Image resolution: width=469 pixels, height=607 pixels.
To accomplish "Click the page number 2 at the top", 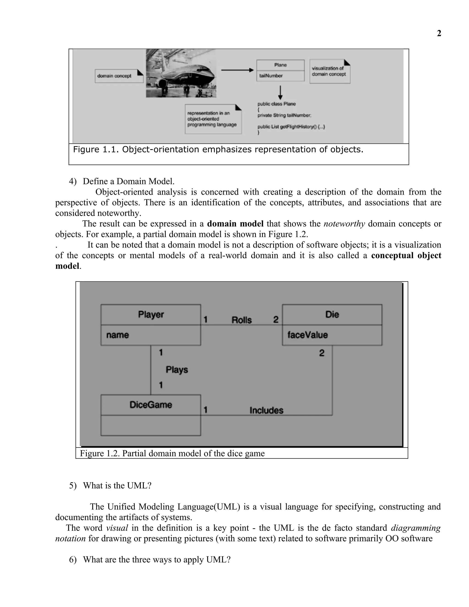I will point(439,33).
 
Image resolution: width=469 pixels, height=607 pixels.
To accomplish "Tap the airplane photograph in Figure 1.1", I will point(181,73).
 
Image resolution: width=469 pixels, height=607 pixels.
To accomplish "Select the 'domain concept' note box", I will point(119,76).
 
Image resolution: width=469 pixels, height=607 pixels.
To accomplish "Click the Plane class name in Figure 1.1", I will point(280,65).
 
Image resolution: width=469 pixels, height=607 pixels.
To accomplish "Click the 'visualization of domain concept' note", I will point(330,71).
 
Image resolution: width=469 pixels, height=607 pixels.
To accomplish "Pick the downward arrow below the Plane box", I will point(280,92).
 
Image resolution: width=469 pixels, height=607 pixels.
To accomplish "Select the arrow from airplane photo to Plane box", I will point(237,70).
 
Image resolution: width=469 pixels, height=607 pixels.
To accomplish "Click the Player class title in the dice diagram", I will point(151,315).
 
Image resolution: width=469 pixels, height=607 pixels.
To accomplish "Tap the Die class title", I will point(332,315).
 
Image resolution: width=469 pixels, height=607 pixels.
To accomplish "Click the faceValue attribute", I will point(308,335).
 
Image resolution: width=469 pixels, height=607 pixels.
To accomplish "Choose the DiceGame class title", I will point(151,405).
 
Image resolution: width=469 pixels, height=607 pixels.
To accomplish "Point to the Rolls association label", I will point(241,320).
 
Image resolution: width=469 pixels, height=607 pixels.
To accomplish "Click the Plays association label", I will point(177,370).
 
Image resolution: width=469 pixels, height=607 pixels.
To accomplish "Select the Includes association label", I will point(266,410).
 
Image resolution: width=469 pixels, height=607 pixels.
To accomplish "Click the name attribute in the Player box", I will point(117,335).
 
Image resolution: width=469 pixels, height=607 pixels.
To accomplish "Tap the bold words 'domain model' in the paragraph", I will point(235,224).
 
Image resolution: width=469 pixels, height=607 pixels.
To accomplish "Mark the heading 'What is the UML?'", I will point(117,486).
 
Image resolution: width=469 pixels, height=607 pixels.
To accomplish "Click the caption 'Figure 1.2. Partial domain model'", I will point(172,453).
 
